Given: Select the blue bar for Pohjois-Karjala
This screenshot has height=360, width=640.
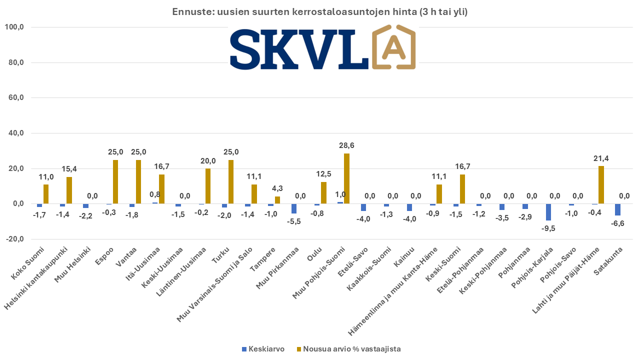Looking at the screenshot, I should pyautogui.click(x=548, y=212).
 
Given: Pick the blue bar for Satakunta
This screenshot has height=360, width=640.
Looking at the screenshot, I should pyautogui.click(x=617, y=209).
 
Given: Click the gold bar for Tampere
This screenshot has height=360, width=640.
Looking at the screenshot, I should pyautogui.click(x=277, y=200).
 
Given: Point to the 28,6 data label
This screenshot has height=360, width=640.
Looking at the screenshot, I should pyautogui.click(x=346, y=145).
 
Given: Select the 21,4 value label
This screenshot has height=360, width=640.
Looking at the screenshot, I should pyautogui.click(x=600, y=158).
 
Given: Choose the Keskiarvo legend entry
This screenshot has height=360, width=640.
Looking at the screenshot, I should pyautogui.click(x=266, y=349).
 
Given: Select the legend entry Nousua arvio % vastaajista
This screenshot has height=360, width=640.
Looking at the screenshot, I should pyautogui.click(x=352, y=349).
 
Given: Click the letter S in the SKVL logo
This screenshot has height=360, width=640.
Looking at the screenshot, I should pyautogui.click(x=248, y=49).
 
